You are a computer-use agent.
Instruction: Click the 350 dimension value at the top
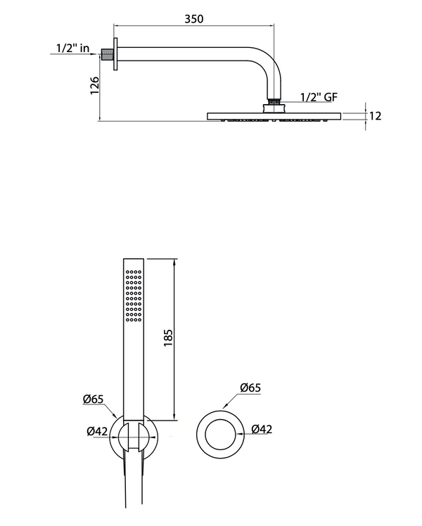(193, 19)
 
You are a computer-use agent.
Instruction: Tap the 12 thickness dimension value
(375, 115)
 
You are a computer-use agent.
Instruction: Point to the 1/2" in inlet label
(74, 49)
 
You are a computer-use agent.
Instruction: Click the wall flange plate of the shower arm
(115, 54)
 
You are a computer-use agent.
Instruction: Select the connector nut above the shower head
(273, 106)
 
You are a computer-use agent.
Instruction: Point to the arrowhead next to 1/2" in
(98, 54)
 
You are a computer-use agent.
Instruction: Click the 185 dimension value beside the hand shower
(168, 338)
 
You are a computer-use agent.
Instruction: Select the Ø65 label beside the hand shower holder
(93, 399)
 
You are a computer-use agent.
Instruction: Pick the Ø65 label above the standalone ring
(250, 387)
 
